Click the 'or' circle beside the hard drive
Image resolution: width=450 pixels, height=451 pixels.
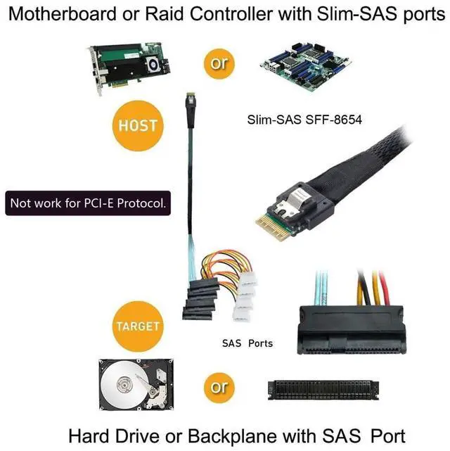(219, 386)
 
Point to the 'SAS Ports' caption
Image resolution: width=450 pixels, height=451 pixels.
(247, 343)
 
